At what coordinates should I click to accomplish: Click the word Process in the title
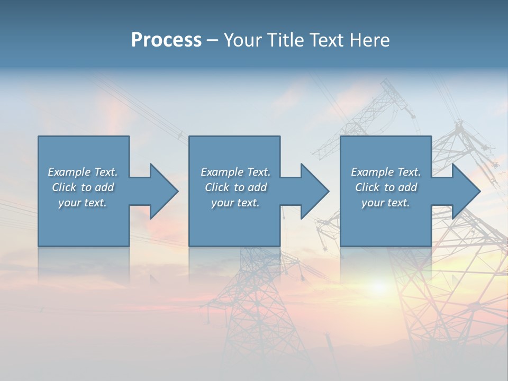click(166, 40)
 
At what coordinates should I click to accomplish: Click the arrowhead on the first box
click(163, 191)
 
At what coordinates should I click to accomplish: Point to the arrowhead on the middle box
click(314, 191)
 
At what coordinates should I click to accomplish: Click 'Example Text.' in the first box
click(83, 172)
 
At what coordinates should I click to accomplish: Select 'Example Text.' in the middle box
click(235, 172)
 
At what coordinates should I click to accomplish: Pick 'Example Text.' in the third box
click(386, 172)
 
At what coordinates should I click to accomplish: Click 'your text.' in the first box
click(83, 203)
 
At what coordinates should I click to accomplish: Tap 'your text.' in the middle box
click(235, 203)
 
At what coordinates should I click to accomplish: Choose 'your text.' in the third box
click(386, 203)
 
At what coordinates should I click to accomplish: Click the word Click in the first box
click(64, 187)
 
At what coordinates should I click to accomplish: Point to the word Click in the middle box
click(217, 187)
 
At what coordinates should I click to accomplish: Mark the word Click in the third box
click(367, 187)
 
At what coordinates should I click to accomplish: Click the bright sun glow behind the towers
click(379, 286)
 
